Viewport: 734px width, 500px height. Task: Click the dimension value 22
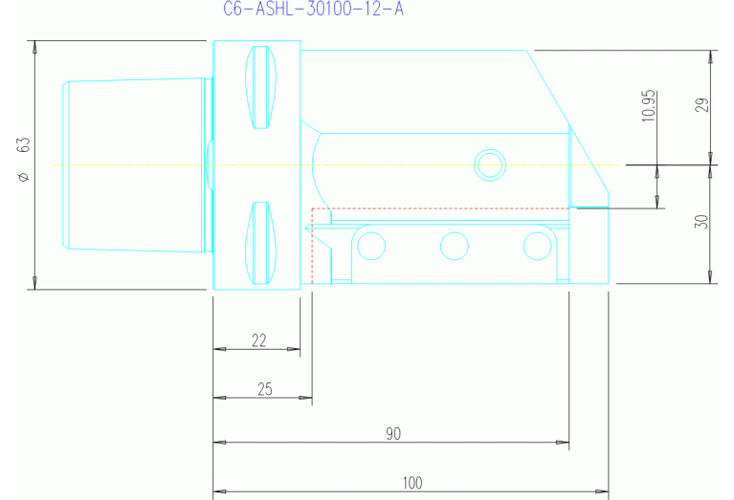[x=258, y=340]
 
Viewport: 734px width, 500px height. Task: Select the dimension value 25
[x=265, y=388]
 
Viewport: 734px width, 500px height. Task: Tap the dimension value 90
[x=393, y=434]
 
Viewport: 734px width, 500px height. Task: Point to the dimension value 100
[x=412, y=483]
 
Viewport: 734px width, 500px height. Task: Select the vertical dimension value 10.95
[x=648, y=105]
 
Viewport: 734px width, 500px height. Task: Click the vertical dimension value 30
[x=701, y=221]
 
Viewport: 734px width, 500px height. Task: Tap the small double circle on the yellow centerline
[x=490, y=164]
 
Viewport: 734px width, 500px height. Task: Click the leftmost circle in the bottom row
[x=369, y=247]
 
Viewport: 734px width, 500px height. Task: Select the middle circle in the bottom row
[x=454, y=247]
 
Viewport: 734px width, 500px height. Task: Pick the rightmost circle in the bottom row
[x=537, y=247]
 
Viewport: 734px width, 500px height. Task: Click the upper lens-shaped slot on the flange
[x=260, y=87]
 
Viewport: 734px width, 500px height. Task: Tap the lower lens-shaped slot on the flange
[x=260, y=243]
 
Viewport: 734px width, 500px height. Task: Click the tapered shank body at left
[x=134, y=164]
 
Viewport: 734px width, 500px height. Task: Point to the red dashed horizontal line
[x=440, y=207]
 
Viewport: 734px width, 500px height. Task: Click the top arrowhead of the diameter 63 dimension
[x=34, y=47]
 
